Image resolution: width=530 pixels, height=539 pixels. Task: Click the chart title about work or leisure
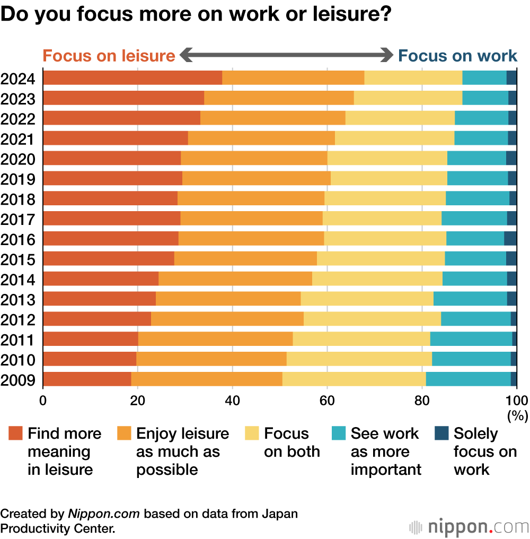pos(196,14)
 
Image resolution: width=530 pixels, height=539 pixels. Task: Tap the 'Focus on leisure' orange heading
pos(109,56)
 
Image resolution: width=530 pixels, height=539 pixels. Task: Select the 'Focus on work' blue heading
pos(457,56)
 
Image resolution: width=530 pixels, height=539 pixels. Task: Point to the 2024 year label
pos(18,79)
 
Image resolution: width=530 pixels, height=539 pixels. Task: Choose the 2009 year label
pos(18,380)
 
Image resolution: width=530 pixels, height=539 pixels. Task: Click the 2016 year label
pos(18,240)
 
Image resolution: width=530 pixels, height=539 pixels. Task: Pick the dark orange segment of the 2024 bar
pos(132,77)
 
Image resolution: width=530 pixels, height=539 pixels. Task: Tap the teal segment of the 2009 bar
pos(468,379)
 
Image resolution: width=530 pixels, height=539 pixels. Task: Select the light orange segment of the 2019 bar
pos(257,178)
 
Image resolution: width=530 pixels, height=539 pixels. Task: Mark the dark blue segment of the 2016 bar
pos(510,239)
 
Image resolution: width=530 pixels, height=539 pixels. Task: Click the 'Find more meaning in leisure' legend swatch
pos(15,434)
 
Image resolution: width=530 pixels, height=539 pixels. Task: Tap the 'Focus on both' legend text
pos(292,442)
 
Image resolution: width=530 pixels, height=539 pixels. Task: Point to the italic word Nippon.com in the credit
pos(104,514)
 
